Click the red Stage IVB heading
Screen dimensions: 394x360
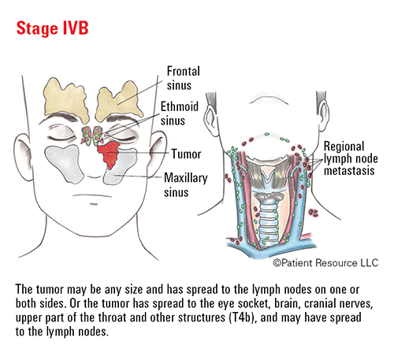point(52,28)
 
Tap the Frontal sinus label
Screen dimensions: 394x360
point(183,78)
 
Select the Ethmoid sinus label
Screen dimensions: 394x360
point(180,113)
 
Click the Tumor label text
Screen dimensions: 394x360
point(186,154)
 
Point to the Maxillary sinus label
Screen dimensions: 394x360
point(186,185)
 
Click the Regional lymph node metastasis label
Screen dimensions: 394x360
point(351,158)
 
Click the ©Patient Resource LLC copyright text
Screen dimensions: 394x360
point(325,262)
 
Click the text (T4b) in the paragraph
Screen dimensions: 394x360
point(240,317)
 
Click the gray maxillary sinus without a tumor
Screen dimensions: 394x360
point(64,163)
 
